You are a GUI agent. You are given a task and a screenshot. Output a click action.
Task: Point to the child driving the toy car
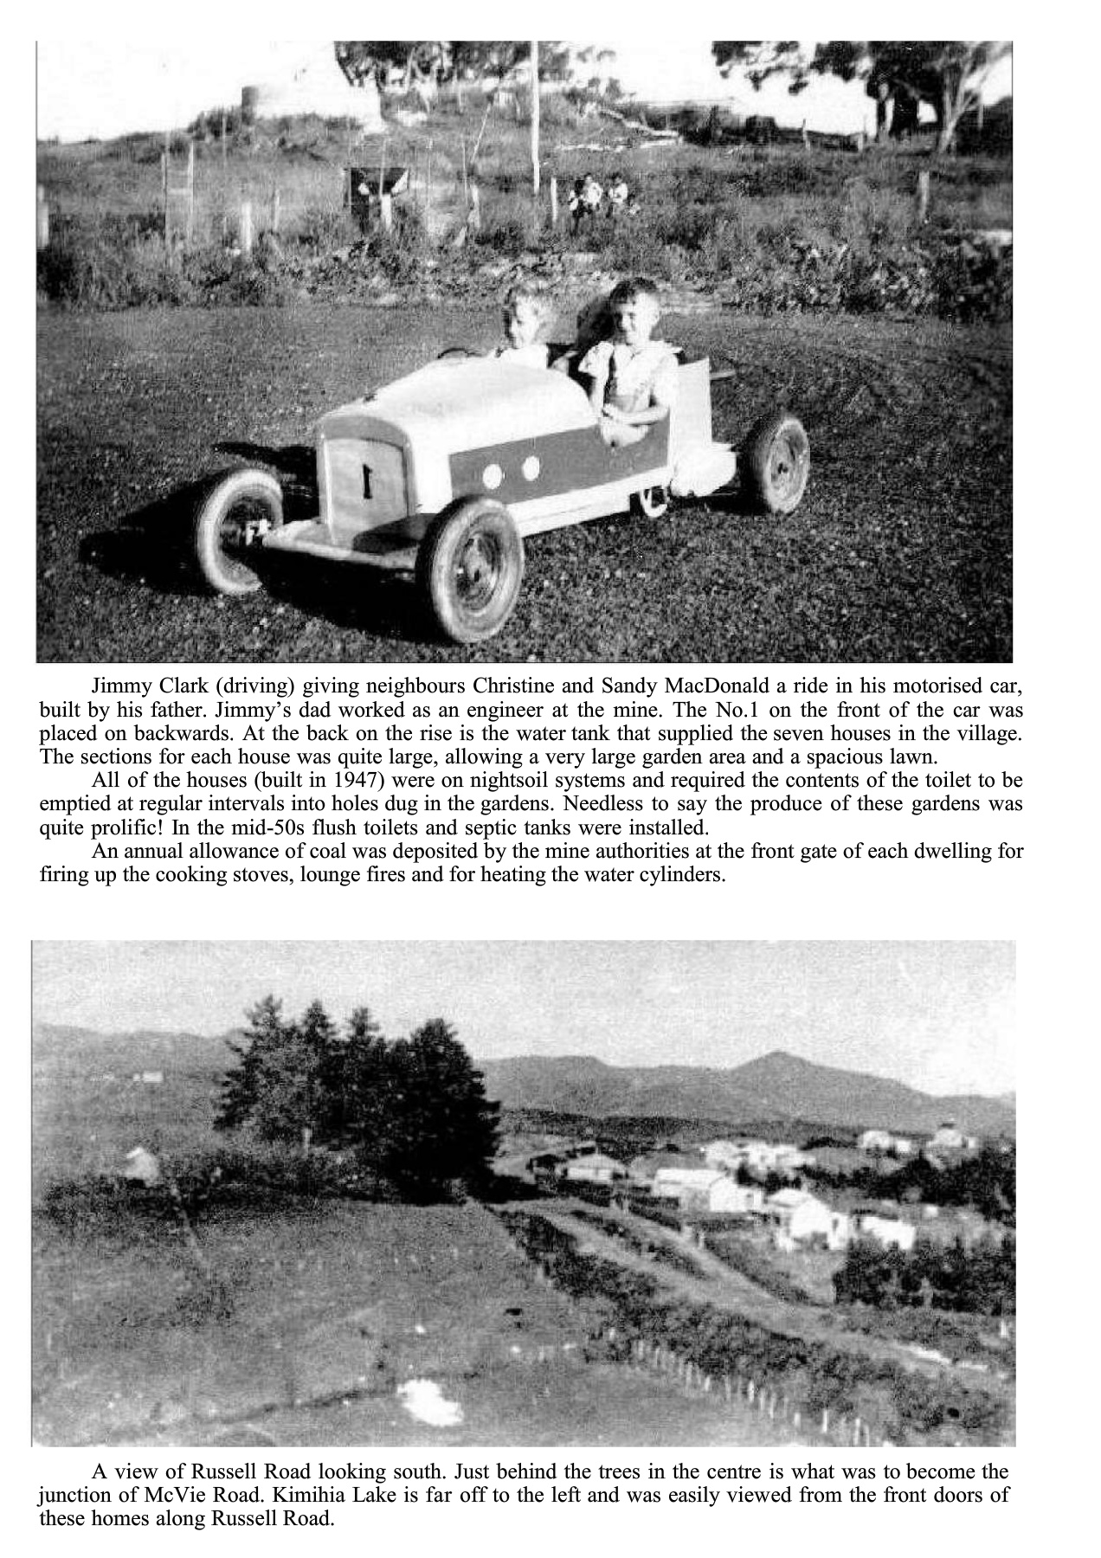click(523, 323)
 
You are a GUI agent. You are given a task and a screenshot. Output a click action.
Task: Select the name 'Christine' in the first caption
click(513, 687)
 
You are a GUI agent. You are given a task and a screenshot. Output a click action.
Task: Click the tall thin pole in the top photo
click(535, 121)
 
